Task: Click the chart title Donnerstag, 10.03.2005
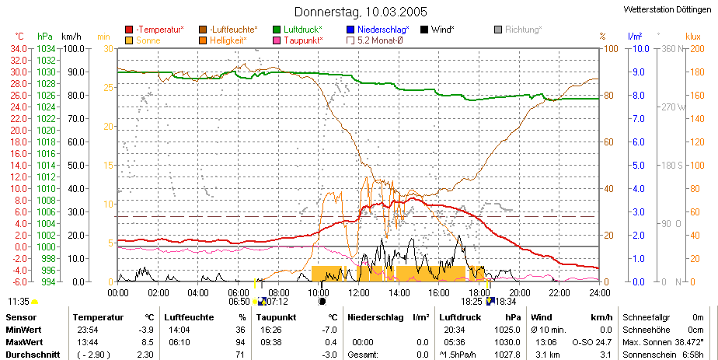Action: point(361,12)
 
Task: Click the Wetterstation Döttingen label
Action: point(667,9)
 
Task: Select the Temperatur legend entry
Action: point(155,30)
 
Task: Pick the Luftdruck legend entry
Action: point(298,30)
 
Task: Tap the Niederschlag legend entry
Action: point(378,30)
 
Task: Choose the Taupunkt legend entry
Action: point(298,40)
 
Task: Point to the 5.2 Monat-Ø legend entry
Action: point(375,40)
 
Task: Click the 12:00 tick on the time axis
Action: point(358,292)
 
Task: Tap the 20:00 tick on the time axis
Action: point(519,292)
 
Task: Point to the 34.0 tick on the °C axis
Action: point(20,48)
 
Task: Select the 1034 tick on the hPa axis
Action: point(46,48)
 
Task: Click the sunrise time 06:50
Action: point(239,302)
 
